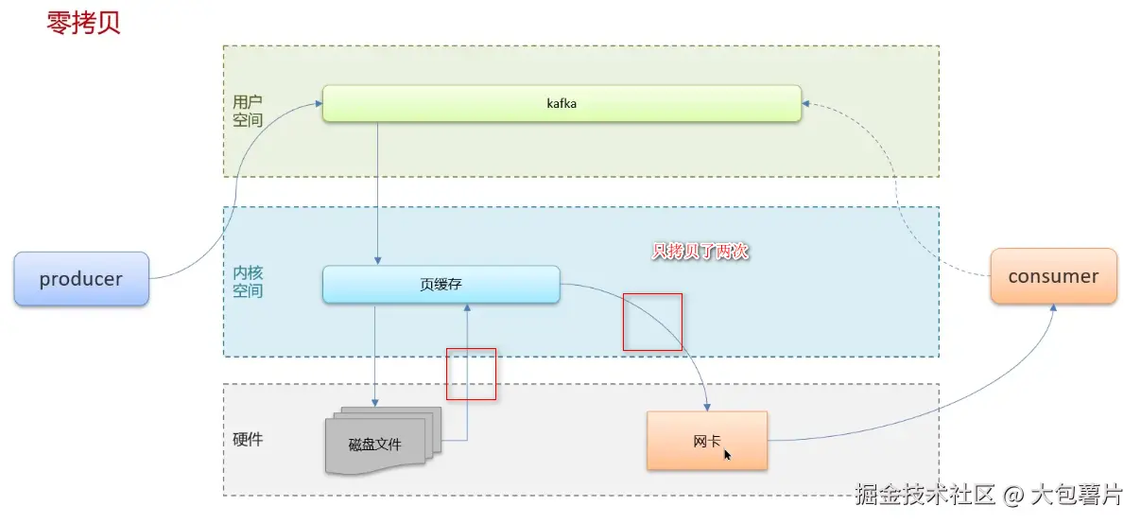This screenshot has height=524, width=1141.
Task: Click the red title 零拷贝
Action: coord(83,23)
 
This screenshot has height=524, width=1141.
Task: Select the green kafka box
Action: coord(562,104)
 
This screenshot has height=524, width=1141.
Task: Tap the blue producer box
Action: coord(81,279)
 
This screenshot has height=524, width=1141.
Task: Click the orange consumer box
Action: coord(1053,276)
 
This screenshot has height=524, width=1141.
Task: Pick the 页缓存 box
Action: coord(441,284)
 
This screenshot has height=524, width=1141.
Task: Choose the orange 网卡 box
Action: coord(706,441)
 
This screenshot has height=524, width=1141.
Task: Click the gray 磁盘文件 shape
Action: coord(375,444)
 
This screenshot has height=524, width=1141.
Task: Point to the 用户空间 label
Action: coord(248,111)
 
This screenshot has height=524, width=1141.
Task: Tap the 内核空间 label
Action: coord(248,281)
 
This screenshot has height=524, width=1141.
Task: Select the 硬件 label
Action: coord(248,440)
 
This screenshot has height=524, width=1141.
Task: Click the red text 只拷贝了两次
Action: coord(700,252)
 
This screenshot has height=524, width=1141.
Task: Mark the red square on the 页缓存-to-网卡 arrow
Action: coord(652,322)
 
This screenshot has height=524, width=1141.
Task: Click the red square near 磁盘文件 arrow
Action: coord(471,374)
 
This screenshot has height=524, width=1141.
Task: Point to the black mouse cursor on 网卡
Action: coord(728,455)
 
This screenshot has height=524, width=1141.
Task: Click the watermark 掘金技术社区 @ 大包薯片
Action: coord(988,494)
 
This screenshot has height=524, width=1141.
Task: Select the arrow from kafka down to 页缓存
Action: coord(378,189)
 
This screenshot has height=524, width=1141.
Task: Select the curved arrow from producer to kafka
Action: coord(233,189)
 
